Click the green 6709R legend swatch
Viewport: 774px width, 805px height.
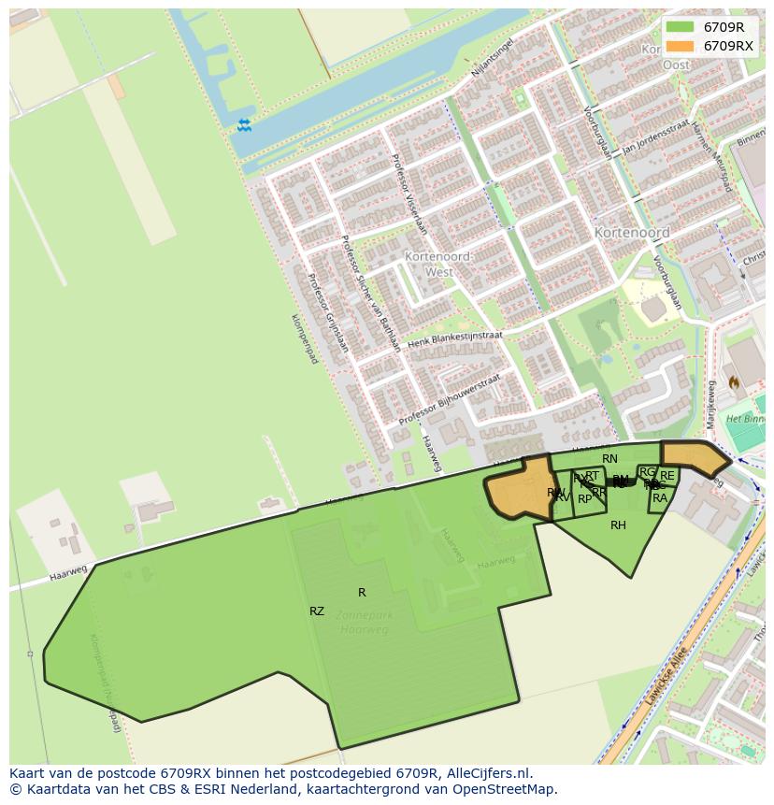click(681, 27)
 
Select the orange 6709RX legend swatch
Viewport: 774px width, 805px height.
click(681, 46)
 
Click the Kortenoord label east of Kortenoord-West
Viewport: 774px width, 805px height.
click(632, 232)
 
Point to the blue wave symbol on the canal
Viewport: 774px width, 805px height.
click(244, 125)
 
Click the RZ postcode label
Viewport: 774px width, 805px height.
click(317, 611)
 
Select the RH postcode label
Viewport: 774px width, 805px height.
click(618, 525)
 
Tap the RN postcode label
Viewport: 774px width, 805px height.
click(609, 459)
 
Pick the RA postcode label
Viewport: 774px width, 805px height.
click(660, 498)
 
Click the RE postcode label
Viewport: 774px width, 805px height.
click(667, 476)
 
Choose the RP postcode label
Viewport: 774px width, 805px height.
click(585, 499)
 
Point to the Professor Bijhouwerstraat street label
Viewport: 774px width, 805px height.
click(450, 400)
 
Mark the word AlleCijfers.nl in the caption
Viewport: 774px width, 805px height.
click(487, 774)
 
